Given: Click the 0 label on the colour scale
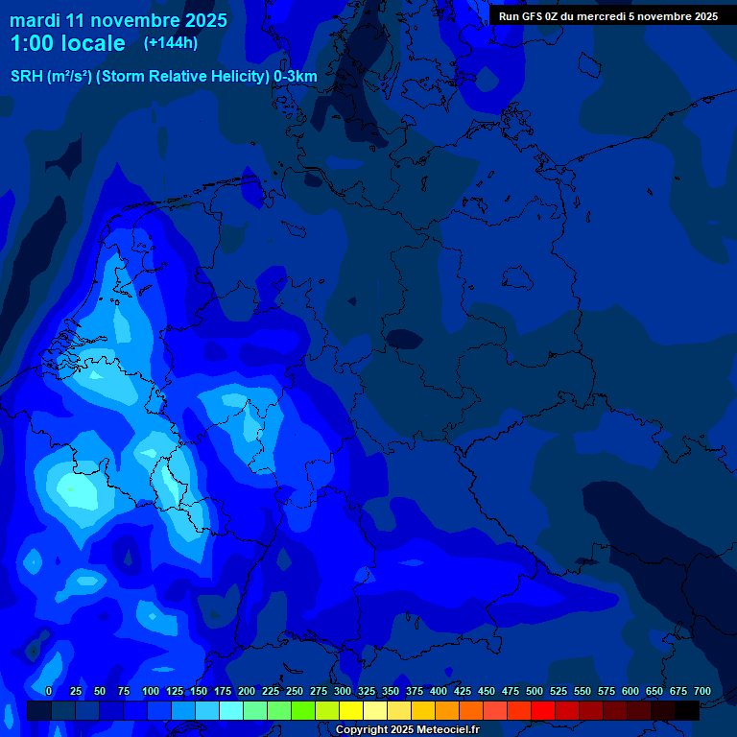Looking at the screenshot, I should (x=48, y=691).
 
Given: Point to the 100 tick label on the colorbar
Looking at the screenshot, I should (x=151, y=691).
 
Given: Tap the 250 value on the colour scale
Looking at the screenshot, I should (x=295, y=691).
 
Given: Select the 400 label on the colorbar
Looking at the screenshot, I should (x=439, y=691).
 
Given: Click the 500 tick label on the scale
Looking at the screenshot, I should (x=535, y=691).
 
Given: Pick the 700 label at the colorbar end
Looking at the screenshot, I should (x=701, y=691).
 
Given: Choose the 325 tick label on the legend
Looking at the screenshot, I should (x=367, y=691).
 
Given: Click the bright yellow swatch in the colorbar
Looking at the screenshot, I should (x=351, y=710).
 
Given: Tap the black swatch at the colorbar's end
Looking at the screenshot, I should (x=687, y=710).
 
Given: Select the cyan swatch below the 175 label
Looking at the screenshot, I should (x=231, y=710).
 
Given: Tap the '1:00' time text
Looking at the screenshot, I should (x=33, y=43).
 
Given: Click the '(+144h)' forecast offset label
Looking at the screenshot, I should (x=170, y=43).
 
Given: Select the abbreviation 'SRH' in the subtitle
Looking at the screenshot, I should (x=27, y=77).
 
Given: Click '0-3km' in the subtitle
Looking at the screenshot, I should (x=296, y=77).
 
